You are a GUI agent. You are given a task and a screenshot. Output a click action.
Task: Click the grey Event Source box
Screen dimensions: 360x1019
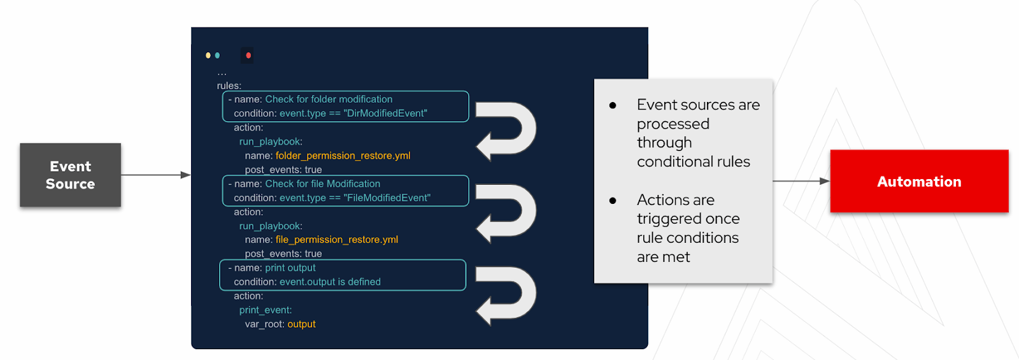point(70,175)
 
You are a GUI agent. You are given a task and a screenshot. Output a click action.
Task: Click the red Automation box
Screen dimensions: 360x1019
point(918,182)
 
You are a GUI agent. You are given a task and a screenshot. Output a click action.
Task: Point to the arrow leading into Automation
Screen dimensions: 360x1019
point(801,181)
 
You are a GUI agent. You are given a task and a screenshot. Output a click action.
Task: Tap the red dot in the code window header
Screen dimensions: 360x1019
point(248,55)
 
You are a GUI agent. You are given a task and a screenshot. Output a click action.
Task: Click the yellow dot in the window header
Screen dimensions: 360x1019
point(208,55)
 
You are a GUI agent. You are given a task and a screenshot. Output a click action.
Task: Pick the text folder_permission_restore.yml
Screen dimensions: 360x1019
point(343,155)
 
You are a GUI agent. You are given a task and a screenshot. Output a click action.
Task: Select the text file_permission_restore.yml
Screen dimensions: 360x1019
point(336,240)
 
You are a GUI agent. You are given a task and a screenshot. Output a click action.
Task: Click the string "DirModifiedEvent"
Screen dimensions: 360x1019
point(385,113)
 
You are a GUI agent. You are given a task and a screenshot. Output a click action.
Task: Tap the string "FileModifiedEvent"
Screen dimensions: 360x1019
point(387,198)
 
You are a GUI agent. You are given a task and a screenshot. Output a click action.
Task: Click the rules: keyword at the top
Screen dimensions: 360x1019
point(229,85)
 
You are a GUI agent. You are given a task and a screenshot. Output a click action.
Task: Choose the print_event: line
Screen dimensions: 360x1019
point(266,310)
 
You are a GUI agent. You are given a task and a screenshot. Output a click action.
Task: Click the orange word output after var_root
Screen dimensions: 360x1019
point(301,324)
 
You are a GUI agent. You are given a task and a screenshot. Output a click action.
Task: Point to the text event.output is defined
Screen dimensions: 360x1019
point(330,282)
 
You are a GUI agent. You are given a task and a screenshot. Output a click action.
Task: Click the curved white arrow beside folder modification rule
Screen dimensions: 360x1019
point(506,130)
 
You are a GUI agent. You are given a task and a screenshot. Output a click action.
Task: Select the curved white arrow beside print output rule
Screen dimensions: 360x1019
point(506,295)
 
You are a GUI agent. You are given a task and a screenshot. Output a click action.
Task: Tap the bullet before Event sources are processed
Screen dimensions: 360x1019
point(613,105)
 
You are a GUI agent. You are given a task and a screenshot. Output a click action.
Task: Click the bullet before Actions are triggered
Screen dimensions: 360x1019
point(613,200)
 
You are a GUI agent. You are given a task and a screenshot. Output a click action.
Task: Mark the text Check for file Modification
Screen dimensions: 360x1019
point(322,184)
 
